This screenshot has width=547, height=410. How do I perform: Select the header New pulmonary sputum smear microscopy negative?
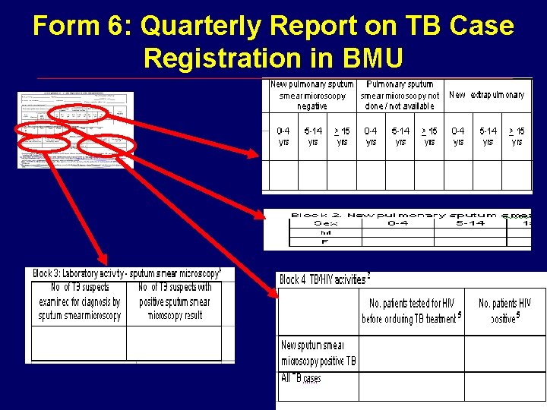coord(312,96)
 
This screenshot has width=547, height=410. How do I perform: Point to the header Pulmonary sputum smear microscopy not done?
coord(400,96)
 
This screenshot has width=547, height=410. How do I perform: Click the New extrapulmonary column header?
coord(486,95)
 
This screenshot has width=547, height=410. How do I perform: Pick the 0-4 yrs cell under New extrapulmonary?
coord(458,137)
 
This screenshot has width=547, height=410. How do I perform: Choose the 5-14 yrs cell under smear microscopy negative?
coord(312,137)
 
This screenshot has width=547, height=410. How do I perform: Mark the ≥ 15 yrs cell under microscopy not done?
coord(429,137)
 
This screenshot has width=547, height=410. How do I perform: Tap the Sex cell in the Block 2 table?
coord(327,223)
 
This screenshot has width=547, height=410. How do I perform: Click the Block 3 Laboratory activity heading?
coord(127,273)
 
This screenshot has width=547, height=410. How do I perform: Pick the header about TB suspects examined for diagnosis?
coord(80,301)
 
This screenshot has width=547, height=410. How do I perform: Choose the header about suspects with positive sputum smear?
coord(175,301)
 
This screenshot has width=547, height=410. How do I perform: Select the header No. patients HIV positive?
coord(505,311)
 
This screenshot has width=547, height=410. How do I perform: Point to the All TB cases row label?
coord(302,378)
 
